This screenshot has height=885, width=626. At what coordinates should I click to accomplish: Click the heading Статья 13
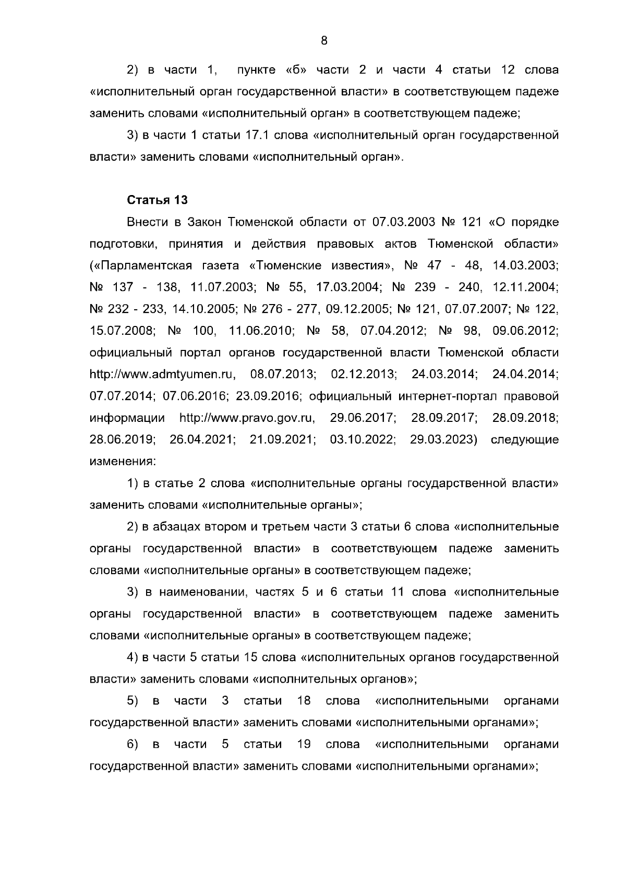pos(157,200)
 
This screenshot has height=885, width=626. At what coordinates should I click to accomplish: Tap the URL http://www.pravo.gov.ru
pos(248,418)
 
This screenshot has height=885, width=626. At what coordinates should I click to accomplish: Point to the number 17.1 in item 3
pos(257,136)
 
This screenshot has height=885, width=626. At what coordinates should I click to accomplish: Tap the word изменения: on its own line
pos(123,462)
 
